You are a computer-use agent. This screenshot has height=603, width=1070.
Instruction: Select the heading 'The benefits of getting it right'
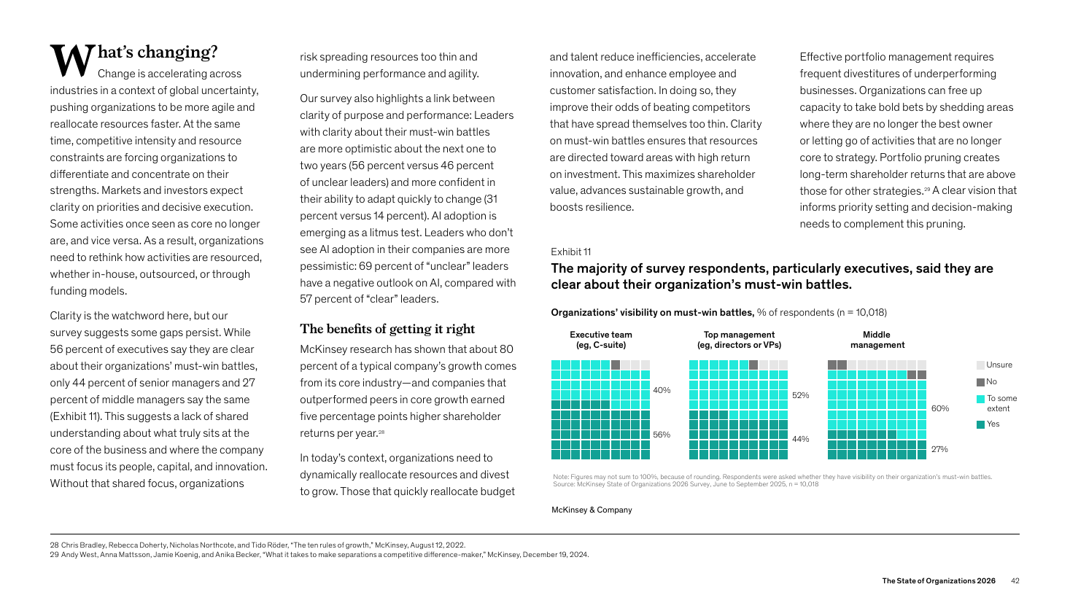coord(387,329)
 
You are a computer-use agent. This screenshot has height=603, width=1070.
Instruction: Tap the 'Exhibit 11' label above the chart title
coord(571,252)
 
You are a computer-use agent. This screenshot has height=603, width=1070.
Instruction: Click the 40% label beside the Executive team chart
coord(662,390)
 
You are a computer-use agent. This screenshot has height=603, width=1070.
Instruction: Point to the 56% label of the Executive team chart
coord(662,435)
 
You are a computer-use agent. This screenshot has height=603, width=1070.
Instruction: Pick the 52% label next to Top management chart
coord(801,395)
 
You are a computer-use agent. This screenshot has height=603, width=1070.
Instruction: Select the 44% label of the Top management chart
coord(801,439)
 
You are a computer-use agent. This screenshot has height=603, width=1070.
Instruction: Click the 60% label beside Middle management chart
coord(940,408)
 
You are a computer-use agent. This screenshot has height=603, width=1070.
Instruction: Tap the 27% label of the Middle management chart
coord(939,449)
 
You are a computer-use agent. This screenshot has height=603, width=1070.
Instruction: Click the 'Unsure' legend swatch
coord(981,365)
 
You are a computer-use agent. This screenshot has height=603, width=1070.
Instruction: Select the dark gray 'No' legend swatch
coord(981,382)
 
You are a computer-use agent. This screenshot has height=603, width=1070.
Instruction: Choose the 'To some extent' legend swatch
coord(981,399)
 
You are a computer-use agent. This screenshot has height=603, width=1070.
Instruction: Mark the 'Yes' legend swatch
coord(981,424)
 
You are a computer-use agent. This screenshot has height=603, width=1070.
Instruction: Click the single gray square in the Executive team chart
coord(616,365)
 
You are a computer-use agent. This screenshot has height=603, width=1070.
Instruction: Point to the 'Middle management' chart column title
coord(877,340)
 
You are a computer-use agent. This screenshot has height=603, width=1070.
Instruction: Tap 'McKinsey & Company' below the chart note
coord(592,510)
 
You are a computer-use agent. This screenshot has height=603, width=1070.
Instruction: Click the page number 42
coord(1015,580)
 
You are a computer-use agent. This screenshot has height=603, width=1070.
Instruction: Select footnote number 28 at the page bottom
coord(54,545)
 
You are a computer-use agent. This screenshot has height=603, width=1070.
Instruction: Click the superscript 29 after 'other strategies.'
coord(927,189)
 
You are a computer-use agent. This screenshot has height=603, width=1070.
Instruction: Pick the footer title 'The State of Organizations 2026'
coord(939,580)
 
